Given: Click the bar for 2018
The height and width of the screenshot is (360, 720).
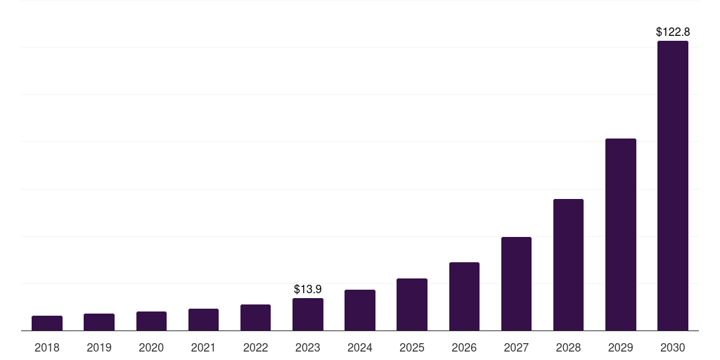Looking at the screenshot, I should (47, 323).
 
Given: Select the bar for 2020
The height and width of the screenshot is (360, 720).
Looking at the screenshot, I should (151, 321).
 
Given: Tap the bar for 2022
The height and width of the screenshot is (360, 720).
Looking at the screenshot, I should (255, 318).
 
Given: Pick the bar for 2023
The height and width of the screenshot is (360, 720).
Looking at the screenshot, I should (307, 314).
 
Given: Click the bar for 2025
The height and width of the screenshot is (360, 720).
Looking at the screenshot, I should (411, 304).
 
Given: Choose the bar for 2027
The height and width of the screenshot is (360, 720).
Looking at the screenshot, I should (516, 284).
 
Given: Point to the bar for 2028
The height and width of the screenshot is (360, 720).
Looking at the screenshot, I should (568, 265).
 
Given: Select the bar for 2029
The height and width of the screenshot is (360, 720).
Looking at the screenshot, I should (620, 235).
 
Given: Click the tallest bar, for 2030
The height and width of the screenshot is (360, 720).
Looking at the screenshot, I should (672, 186).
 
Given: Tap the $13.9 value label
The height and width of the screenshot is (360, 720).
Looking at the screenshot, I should (307, 289).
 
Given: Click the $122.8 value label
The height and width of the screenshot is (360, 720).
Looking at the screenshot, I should (672, 32).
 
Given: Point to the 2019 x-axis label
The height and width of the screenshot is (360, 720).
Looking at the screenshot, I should (99, 347).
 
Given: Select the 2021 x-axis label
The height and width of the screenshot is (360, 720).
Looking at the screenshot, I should (203, 347).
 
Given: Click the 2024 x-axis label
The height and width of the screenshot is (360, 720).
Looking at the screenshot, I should (359, 347).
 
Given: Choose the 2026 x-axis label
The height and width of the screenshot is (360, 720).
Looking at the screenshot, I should (464, 347).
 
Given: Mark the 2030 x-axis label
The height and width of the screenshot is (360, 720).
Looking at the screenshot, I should (672, 347).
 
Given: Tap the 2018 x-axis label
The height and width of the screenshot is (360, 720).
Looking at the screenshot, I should (47, 347).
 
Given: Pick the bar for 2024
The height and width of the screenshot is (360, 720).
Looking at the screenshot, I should (359, 310).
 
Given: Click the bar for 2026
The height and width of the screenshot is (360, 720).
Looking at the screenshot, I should (464, 297).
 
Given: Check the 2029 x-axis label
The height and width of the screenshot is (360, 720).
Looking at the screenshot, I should (620, 347).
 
